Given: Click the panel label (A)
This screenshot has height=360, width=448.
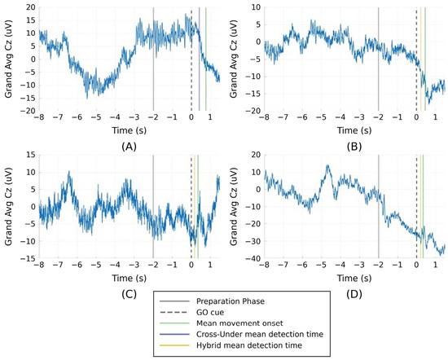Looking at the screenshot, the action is tap(129, 147).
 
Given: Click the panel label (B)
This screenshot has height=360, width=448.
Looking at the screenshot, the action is tap(354, 147).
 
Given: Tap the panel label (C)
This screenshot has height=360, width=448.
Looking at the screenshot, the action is tap(129, 294).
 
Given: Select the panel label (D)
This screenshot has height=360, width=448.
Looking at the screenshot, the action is tap(354, 294).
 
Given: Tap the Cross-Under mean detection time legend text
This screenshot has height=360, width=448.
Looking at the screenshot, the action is tap(260, 334).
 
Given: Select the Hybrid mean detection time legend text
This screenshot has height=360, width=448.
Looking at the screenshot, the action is tap(249, 345).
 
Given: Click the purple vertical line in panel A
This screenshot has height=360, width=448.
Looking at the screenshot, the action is tap(199, 59).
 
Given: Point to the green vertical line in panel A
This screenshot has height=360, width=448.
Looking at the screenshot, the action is tap(206, 59).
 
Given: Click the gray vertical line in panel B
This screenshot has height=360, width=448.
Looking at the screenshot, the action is tap(378, 59).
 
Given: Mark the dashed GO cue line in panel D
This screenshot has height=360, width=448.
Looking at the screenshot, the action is tap(416, 207).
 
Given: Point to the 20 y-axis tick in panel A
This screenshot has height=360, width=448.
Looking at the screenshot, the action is tap(31, 7).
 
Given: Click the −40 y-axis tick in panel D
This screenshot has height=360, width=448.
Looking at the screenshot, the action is tap(253, 258).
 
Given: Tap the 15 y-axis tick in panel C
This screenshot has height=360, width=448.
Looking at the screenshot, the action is tap(31, 155).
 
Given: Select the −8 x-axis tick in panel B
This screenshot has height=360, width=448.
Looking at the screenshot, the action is tap(264, 117).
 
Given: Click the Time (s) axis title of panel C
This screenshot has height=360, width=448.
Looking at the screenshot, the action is tap(129, 278).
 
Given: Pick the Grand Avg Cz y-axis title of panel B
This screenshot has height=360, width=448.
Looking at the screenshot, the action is tap(234, 59).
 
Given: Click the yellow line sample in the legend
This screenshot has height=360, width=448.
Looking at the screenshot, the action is tap(174, 345).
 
